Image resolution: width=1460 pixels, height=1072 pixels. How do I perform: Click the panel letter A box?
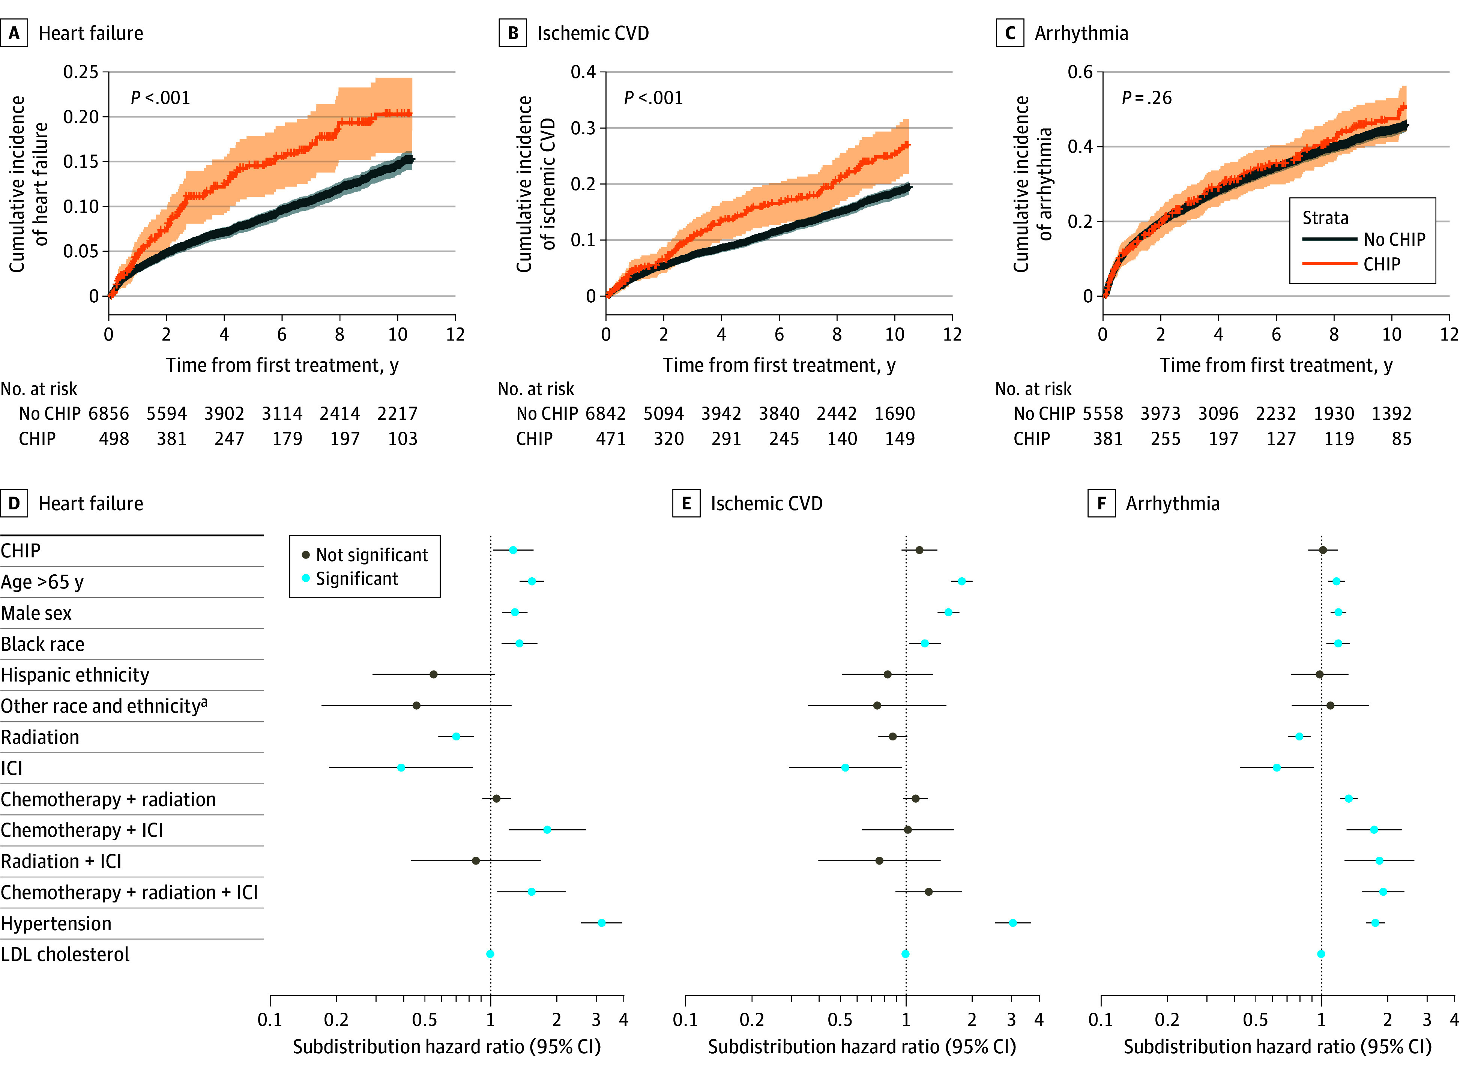14,33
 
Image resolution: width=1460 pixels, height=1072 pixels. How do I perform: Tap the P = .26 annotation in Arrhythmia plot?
1147,98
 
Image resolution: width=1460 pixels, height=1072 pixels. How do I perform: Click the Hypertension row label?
56,923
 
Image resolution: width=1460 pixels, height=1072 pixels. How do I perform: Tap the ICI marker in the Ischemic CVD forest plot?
845,768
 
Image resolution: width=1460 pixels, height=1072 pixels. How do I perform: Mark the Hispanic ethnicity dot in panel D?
433,674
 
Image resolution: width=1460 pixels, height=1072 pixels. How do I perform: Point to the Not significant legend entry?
365,555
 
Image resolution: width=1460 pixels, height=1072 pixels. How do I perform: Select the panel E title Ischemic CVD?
766,503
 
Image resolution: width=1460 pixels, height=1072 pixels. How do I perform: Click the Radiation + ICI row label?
61,861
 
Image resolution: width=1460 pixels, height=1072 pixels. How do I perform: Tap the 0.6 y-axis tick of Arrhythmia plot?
1080,72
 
